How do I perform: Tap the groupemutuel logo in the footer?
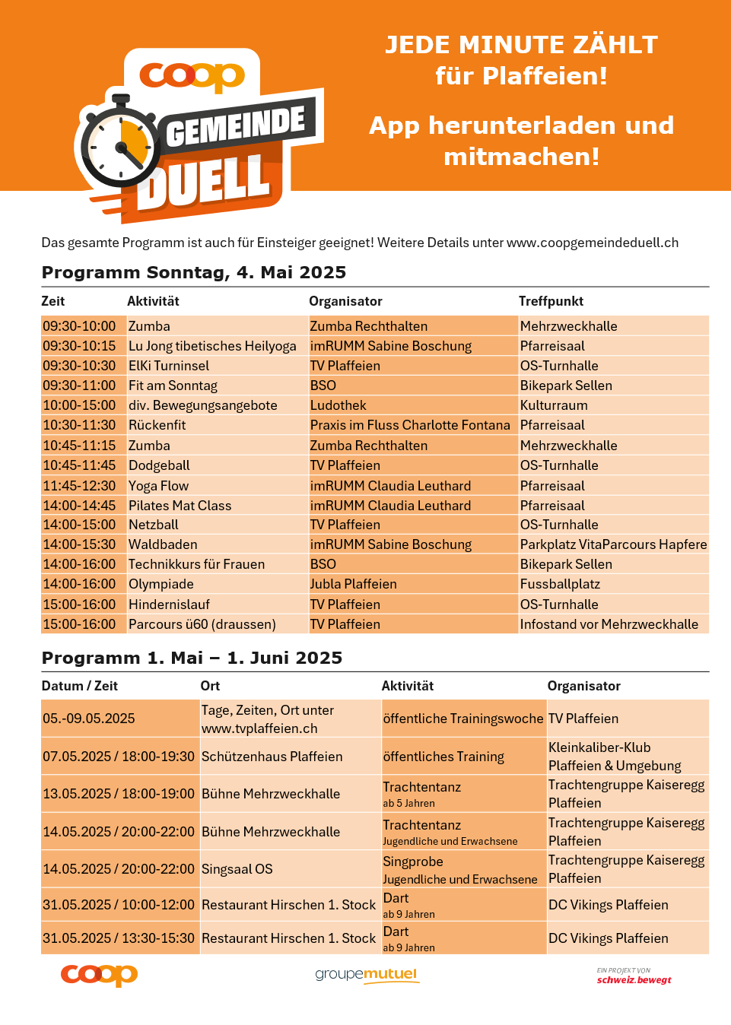(367, 975)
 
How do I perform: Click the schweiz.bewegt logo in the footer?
(634, 976)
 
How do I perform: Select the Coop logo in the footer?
(99, 975)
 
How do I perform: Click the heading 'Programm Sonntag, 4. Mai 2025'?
(194, 272)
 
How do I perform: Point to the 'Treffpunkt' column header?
(551, 301)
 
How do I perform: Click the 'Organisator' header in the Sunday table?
(345, 301)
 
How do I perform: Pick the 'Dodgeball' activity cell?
(159, 465)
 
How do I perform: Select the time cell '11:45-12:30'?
(79, 485)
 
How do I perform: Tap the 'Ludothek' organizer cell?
(338, 405)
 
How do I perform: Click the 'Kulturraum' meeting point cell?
(554, 405)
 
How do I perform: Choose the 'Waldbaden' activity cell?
(163, 544)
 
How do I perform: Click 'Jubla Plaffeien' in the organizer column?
(353, 584)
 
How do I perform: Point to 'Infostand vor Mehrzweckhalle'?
(609, 624)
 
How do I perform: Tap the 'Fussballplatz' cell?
(560, 584)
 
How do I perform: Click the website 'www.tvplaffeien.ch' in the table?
(259, 728)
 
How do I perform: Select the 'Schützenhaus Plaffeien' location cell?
(272, 757)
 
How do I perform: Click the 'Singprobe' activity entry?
(413, 862)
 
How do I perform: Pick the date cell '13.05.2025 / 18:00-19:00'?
(119, 794)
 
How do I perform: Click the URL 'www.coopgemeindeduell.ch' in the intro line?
(592, 243)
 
